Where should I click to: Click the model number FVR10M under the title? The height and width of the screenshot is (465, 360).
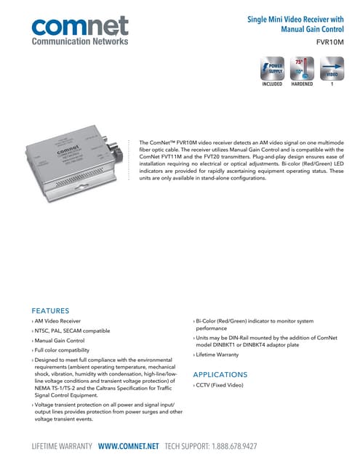coord(332,43)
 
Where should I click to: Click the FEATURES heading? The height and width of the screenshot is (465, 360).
coord(50,310)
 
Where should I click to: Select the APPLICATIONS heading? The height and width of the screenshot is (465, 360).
coord(219,374)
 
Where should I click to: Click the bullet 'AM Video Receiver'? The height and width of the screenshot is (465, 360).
coord(59,320)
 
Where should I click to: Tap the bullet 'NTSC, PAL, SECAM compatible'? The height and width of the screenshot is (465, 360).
coord(73,331)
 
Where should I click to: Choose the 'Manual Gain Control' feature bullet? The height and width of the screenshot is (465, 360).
coord(60,341)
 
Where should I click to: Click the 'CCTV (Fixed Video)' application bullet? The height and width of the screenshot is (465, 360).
coord(221,385)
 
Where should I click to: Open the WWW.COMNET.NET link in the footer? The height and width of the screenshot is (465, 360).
coord(128,444)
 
